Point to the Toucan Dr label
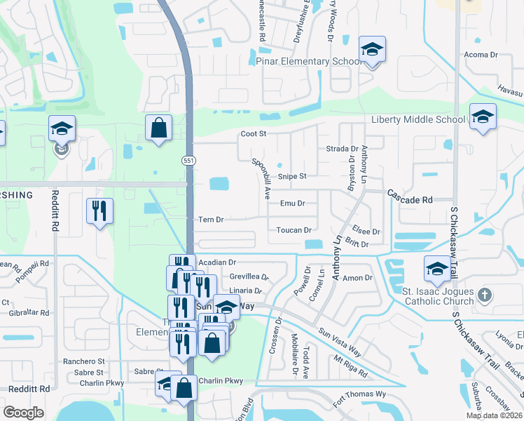coord(294,230)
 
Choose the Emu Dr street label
coord(293,203)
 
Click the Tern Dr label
coord(211,220)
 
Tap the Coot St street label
coord(254,133)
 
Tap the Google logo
coord(23,413)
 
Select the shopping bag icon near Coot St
coord(159,128)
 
